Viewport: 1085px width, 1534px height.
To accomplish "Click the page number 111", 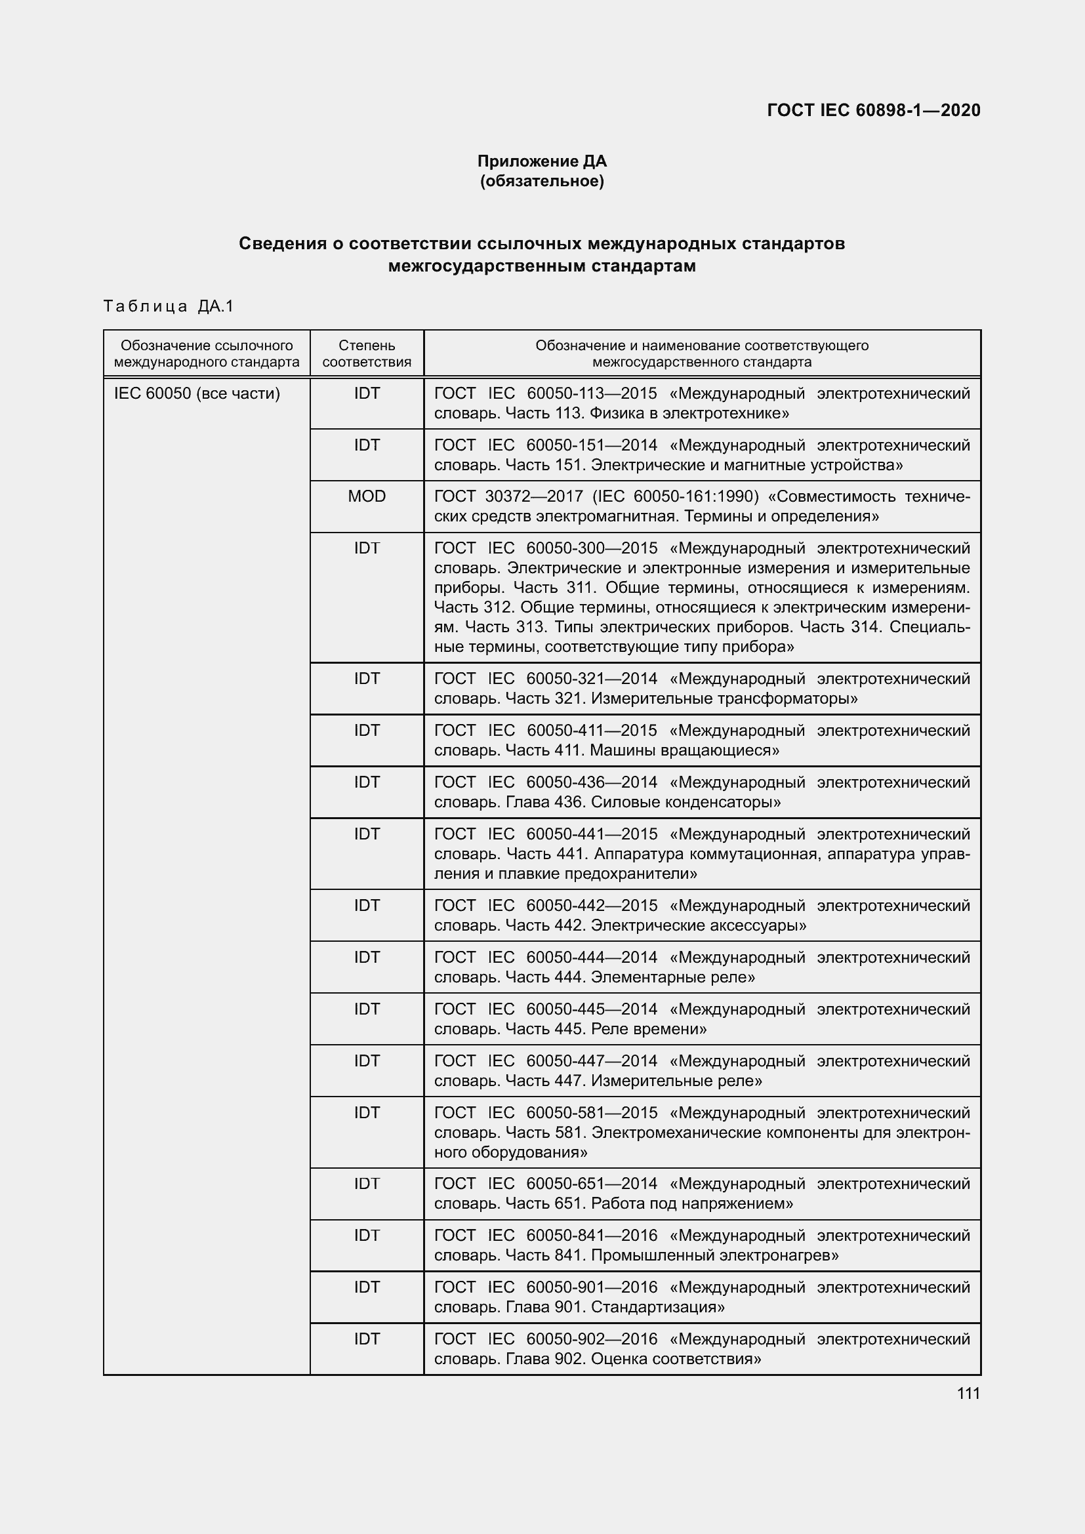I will (968, 1393).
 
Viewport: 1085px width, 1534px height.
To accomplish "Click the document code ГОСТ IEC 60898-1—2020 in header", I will (874, 110).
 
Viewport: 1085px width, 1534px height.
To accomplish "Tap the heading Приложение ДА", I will (542, 161).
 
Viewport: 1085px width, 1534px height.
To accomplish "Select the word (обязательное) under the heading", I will (542, 181).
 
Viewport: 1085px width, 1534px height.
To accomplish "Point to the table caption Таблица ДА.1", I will (169, 307).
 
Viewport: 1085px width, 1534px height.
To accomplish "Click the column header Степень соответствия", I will (367, 353).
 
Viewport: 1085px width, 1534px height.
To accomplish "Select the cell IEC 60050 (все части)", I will (197, 394).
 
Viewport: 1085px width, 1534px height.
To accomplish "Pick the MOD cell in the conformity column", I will (367, 496).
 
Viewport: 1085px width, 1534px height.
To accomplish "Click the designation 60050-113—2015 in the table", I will (591, 394).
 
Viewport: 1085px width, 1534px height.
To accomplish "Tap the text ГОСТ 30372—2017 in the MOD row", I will (509, 496).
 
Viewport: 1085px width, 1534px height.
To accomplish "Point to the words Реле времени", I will (649, 1029).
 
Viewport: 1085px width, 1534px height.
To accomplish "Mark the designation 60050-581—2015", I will (591, 1113).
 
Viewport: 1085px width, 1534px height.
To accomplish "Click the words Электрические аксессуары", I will (699, 925).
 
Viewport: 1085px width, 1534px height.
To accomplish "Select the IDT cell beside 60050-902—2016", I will (367, 1339).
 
